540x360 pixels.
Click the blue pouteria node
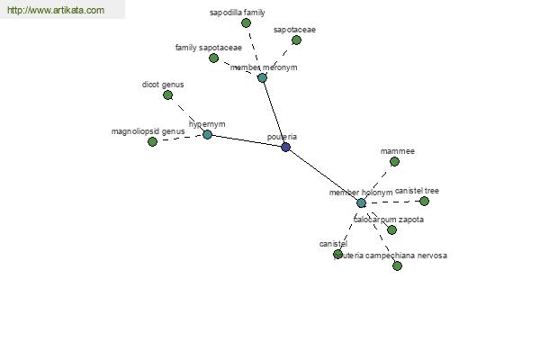(x=285, y=147)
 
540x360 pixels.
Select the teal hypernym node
(x=207, y=134)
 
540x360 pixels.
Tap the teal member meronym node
(x=262, y=78)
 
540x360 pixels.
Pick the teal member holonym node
(x=361, y=202)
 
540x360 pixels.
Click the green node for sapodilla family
(x=246, y=23)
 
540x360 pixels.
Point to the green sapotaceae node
(x=296, y=40)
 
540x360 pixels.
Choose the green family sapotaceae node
(x=213, y=58)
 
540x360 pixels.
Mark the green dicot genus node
(x=167, y=95)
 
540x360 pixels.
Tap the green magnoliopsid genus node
(x=152, y=141)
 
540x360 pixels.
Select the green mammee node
(x=395, y=162)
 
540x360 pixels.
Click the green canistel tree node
(x=424, y=202)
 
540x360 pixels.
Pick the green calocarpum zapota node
(x=391, y=229)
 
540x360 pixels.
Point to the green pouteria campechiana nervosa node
(x=397, y=266)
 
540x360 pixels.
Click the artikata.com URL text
(x=56, y=10)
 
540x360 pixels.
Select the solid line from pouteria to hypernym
(x=247, y=140)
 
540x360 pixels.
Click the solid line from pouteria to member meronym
(x=274, y=112)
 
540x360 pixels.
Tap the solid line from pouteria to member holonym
(x=323, y=175)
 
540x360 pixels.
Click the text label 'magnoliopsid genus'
(x=148, y=131)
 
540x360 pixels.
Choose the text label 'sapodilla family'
(x=238, y=13)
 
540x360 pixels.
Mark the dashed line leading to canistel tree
(x=392, y=202)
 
